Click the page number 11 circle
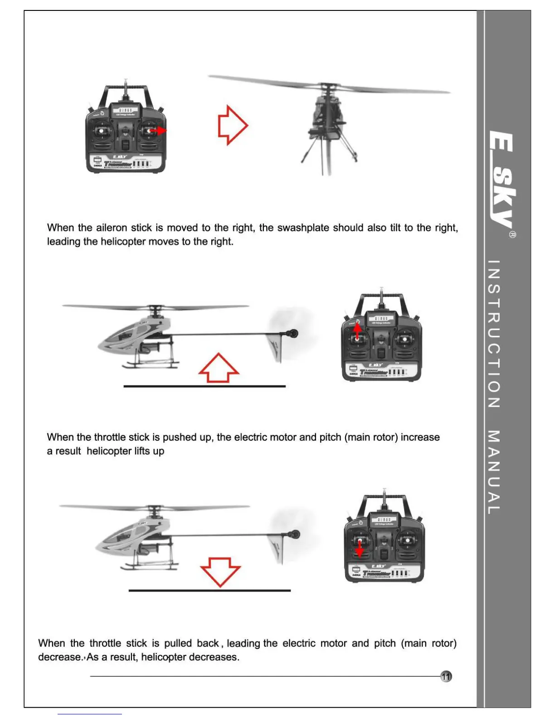pyautogui.click(x=447, y=676)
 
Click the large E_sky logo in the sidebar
pyautogui.click(x=502, y=179)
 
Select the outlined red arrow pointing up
pyautogui.click(x=219, y=368)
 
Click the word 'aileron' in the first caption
pyautogui.click(x=112, y=228)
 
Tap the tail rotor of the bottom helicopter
pyautogui.click(x=295, y=534)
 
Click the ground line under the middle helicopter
pyautogui.click(x=204, y=386)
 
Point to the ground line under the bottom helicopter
pyautogui.click(x=209, y=591)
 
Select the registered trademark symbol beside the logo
pyautogui.click(x=512, y=235)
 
